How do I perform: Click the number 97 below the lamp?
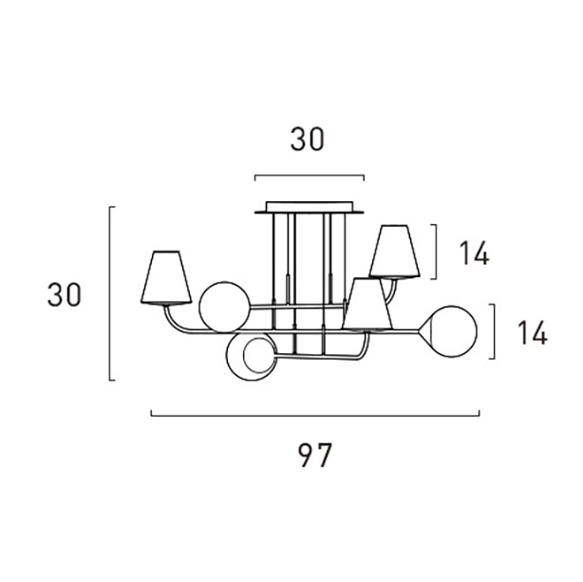314,455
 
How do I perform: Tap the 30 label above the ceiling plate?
307,139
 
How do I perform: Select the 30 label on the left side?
64,294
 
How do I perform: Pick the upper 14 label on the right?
475,253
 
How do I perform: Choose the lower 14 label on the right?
533,332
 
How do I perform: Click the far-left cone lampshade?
166,277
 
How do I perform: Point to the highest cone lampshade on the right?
394,252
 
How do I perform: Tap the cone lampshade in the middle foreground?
367,304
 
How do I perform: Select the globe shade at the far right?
452,331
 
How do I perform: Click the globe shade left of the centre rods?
225,307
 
